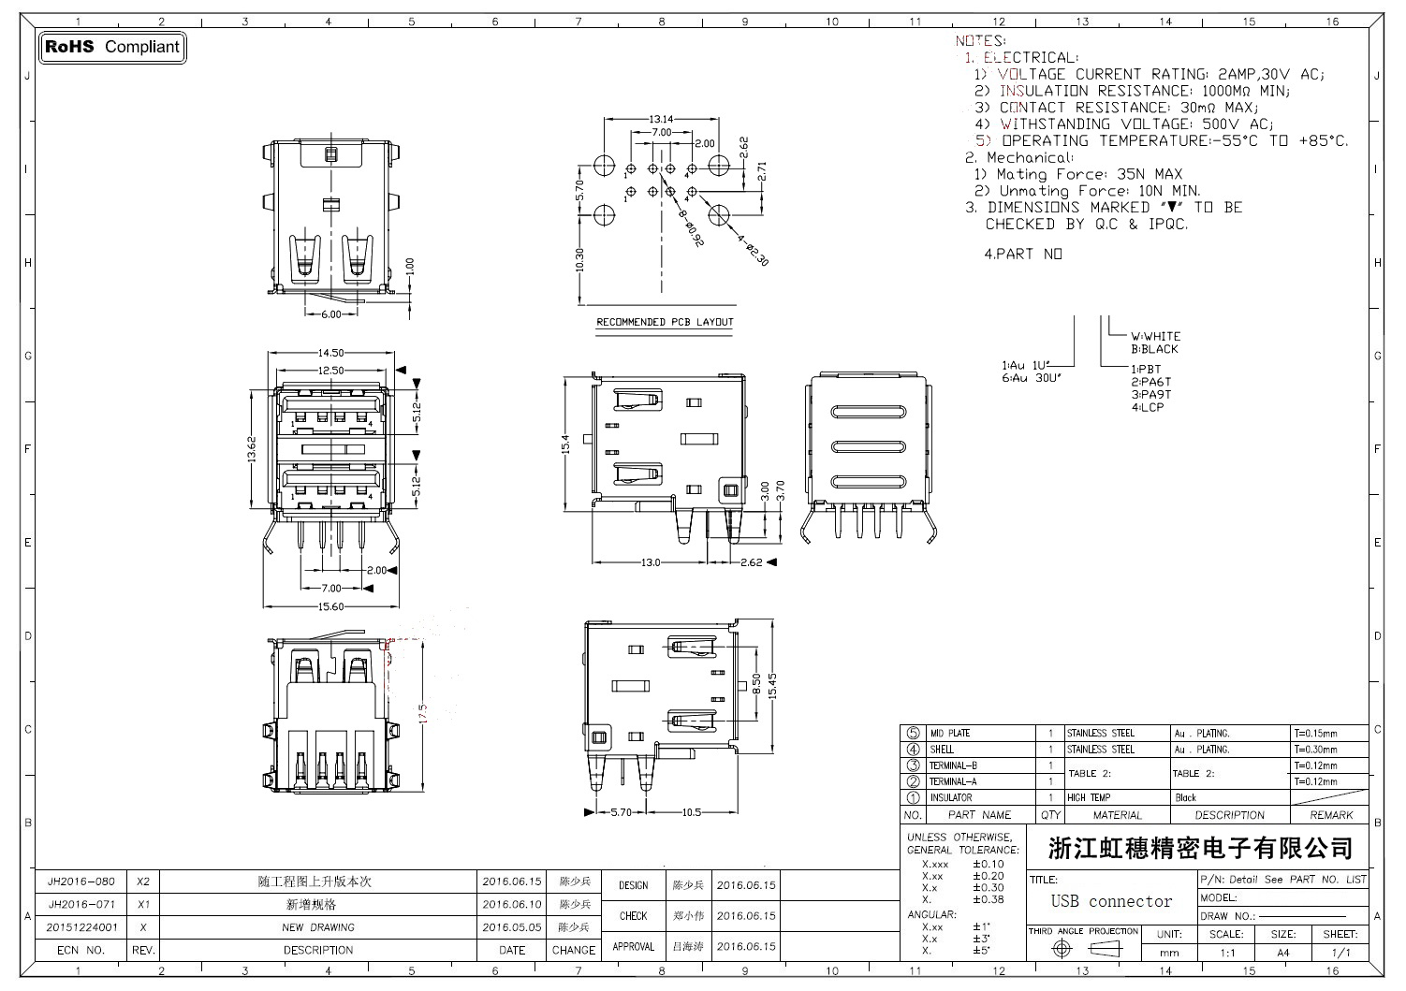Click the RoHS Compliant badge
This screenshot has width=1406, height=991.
click(x=112, y=47)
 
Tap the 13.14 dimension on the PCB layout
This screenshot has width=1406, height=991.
click(x=661, y=119)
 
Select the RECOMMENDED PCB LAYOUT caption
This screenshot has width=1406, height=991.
click(x=665, y=322)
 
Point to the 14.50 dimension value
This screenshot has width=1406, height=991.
click(x=330, y=353)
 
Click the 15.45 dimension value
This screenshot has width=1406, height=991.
click(x=772, y=685)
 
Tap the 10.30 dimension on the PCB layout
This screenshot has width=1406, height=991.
click(x=579, y=260)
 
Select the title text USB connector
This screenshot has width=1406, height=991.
click(x=1111, y=901)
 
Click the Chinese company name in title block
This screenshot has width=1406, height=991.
click(x=1201, y=849)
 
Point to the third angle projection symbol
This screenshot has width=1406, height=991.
click(x=1083, y=949)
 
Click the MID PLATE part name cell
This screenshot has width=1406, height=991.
click(x=949, y=734)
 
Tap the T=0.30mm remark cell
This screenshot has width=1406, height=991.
click(x=1316, y=750)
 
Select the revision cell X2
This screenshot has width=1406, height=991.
click(x=143, y=882)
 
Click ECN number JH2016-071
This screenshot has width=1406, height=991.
click(x=81, y=905)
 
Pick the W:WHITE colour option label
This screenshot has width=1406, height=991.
click(x=1155, y=336)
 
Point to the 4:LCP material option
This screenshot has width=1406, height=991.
click(x=1147, y=407)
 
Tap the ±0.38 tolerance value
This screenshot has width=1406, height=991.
click(x=988, y=899)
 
